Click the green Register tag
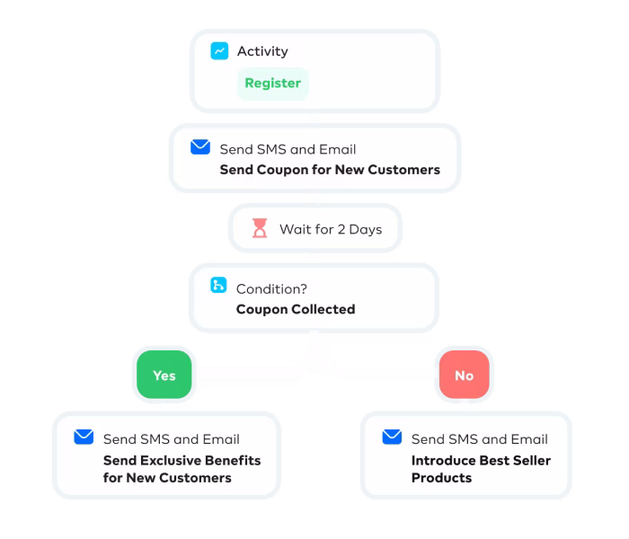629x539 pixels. coord(272,84)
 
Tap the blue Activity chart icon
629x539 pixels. coord(219,51)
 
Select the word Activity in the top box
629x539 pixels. coord(263,51)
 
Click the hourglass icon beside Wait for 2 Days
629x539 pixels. coord(260,229)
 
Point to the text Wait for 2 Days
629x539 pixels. coord(330,229)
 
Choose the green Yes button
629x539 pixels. coord(164,376)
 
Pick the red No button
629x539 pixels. coord(464,376)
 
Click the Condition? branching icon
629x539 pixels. coord(218,287)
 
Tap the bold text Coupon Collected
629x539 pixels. coord(295,309)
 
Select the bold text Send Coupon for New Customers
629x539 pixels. coord(330,169)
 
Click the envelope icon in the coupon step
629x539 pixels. coord(200,147)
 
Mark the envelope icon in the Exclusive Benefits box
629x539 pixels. coord(84,437)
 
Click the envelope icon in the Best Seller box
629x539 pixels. coord(392,437)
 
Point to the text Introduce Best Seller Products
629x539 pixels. coord(481,469)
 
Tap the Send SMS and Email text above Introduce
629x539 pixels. coord(479,439)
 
